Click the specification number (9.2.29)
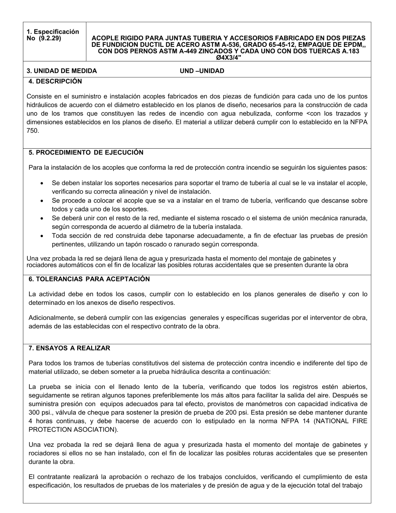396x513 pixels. click(x=50, y=38)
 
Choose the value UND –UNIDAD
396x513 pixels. click(x=202, y=71)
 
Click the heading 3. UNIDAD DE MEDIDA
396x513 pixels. click(x=62, y=71)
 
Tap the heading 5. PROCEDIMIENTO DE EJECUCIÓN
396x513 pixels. click(x=86, y=153)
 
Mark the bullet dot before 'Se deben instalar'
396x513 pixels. click(x=42, y=183)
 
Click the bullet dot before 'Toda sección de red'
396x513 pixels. click(x=42, y=235)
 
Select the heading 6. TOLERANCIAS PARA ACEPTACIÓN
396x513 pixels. click(x=89, y=279)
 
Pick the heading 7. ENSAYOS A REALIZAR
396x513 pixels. click(x=69, y=348)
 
